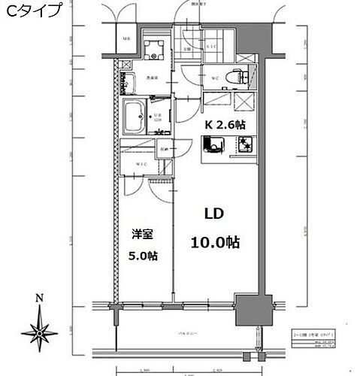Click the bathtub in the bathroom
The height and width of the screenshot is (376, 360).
click(x=138, y=115)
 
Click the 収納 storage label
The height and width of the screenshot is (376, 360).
click(x=163, y=150)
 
